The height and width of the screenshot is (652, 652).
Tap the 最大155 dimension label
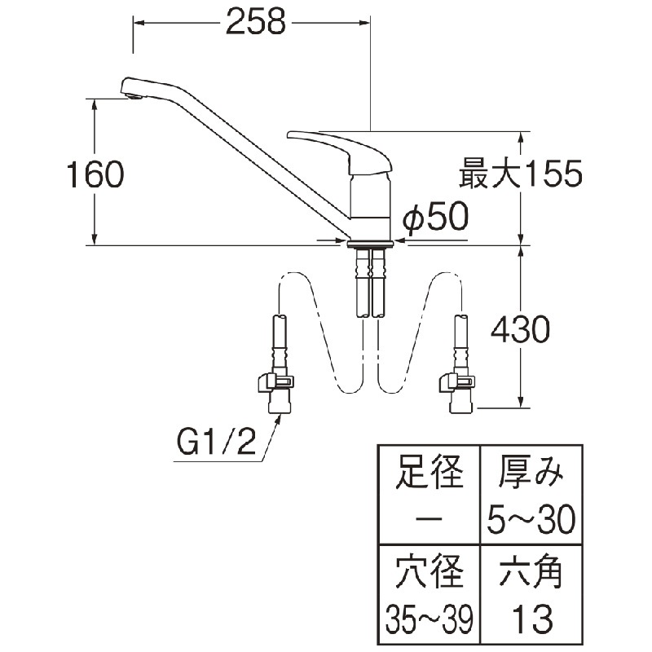pyautogui.click(x=521, y=174)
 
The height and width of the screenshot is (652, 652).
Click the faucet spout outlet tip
pyautogui.click(x=131, y=96)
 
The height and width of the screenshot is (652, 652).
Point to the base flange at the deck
pyautogui.click(x=370, y=243)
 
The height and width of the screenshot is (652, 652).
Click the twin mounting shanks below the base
pyautogui.click(x=370, y=281)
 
